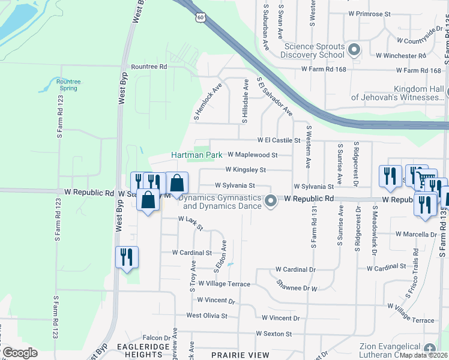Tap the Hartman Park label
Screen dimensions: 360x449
[x=197, y=155]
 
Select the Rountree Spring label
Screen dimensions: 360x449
[x=68, y=85]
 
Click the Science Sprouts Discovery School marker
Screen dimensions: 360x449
[x=354, y=50]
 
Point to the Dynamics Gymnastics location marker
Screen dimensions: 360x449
[x=271, y=201]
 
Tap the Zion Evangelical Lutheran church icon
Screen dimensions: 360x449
[x=429, y=349]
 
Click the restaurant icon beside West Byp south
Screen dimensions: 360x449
[x=127, y=257]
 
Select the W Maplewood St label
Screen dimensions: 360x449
[x=252, y=155]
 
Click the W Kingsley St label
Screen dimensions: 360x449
[x=245, y=170]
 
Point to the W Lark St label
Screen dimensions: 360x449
[x=191, y=223]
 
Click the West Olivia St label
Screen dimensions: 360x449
[x=206, y=316]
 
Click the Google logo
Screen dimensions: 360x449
[x=20, y=353]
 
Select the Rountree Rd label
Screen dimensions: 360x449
[x=148, y=67]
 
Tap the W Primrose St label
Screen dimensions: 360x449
[x=369, y=13]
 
